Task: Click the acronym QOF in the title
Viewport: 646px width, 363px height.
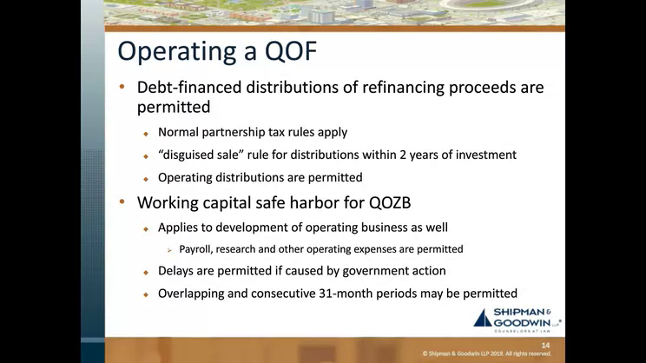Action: pyautogui.click(x=291, y=51)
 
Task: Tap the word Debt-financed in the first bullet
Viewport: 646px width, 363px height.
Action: pyautogui.click(x=189, y=88)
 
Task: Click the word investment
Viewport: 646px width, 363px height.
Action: pyautogui.click(x=485, y=155)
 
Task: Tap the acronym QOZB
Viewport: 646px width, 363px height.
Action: pyautogui.click(x=390, y=202)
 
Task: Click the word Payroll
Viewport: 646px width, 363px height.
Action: pyautogui.click(x=195, y=249)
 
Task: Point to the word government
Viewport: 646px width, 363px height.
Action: pyautogui.click(x=373, y=271)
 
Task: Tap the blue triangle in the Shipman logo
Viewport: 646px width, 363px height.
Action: pyautogui.click(x=483, y=318)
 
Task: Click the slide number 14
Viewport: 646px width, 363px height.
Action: pyautogui.click(x=545, y=346)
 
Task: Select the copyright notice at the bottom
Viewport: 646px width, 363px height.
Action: pyautogui.click(x=486, y=353)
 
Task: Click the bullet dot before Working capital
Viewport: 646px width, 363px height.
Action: pyautogui.click(x=122, y=201)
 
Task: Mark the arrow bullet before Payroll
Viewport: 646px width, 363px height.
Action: pyautogui.click(x=169, y=250)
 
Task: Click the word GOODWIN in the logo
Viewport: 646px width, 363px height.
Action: pyautogui.click(x=522, y=322)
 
